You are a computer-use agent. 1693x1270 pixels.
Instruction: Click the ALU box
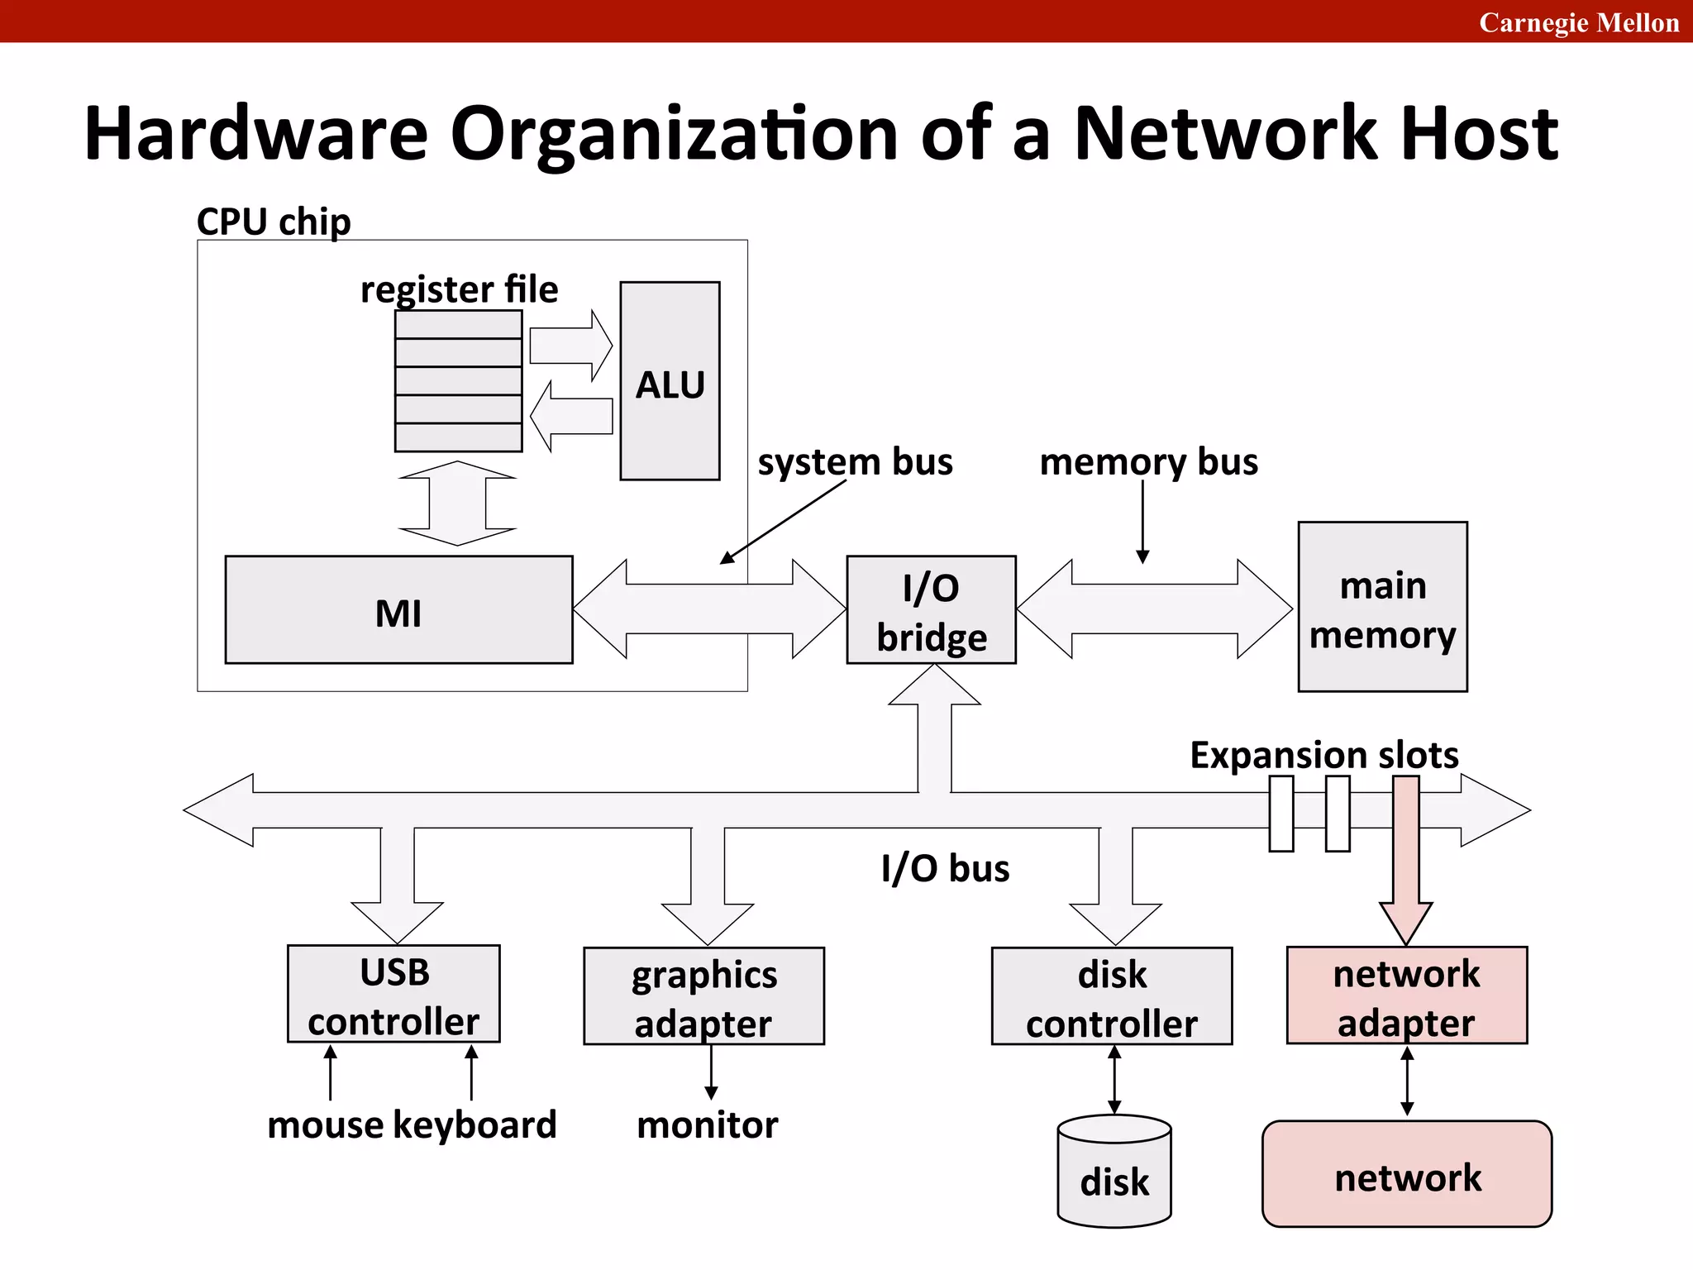tap(670, 381)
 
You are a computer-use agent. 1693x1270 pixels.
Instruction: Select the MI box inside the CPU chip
tap(398, 610)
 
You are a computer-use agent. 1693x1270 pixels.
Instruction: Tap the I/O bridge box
tap(931, 610)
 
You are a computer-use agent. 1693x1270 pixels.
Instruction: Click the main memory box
tap(1382, 607)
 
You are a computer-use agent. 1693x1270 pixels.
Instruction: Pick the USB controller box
tap(393, 995)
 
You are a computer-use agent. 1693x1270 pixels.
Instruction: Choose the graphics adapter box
tap(703, 996)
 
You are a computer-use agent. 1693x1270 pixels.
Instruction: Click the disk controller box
tap(1111, 996)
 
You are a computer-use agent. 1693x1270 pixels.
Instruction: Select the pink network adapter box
tap(1406, 995)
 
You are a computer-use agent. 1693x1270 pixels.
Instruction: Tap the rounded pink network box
tap(1406, 1175)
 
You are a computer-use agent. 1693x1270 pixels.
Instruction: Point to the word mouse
tap(326, 1125)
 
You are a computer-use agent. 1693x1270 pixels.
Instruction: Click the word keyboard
tap(475, 1125)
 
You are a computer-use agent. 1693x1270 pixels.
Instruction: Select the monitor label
tap(707, 1125)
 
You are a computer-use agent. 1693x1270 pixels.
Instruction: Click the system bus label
tap(855, 461)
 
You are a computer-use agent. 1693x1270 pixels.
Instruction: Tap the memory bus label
tap(1148, 461)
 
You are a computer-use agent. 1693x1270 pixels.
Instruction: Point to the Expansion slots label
tap(1323, 755)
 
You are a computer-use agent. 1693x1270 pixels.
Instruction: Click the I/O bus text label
tap(945, 868)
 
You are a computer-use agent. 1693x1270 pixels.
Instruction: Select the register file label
tap(459, 289)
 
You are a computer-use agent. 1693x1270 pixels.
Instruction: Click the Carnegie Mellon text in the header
tap(1578, 22)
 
